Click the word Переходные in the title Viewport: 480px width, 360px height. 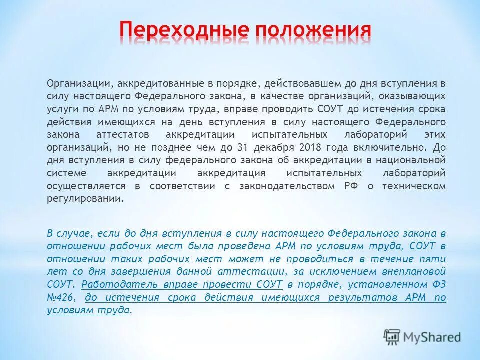182,31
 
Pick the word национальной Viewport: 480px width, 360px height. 419,160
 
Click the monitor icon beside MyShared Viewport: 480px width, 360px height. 392,337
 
